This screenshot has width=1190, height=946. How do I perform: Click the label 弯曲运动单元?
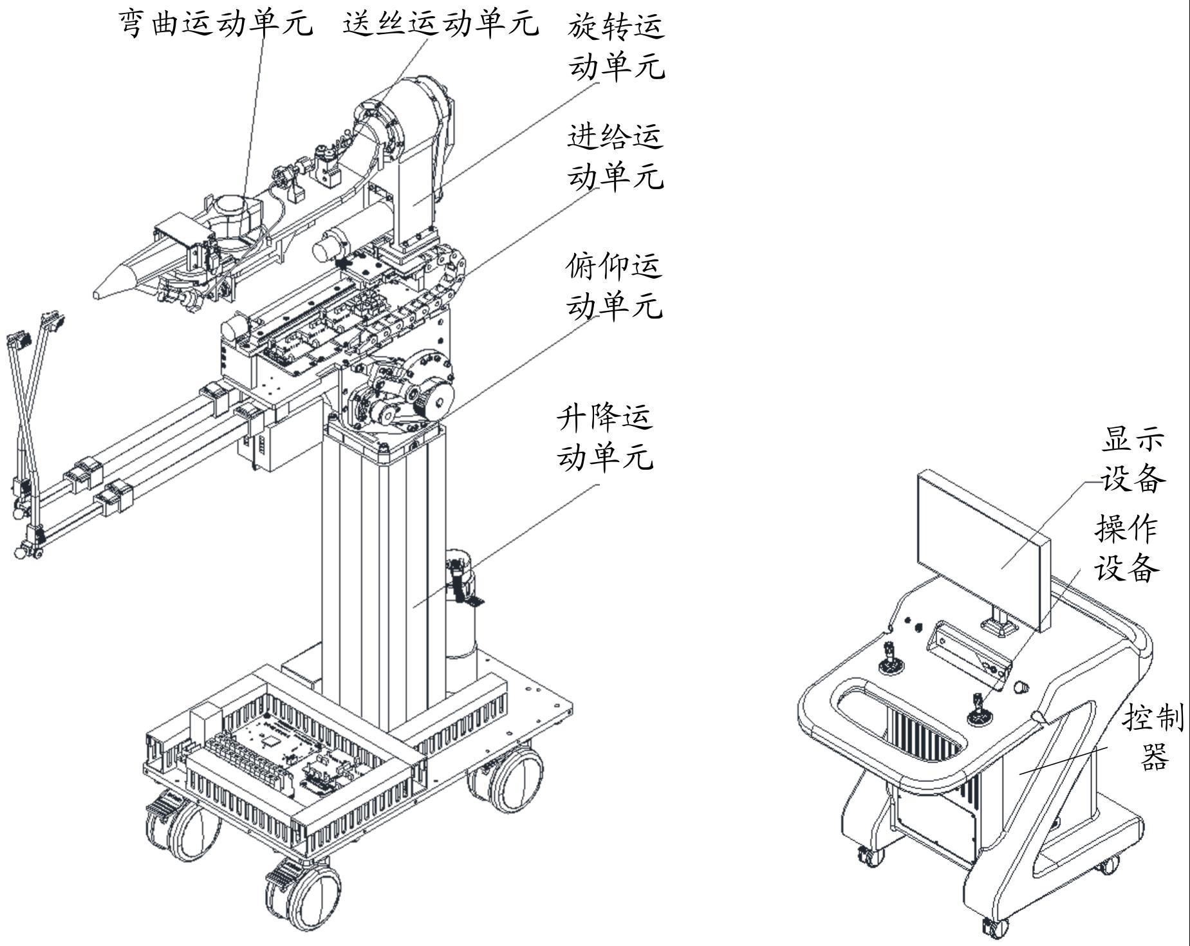coord(216,23)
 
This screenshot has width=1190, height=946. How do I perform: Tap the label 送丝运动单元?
coord(440,23)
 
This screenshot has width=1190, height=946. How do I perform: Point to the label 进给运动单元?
coord(615,156)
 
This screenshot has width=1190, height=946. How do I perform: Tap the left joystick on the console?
coord(891,660)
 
